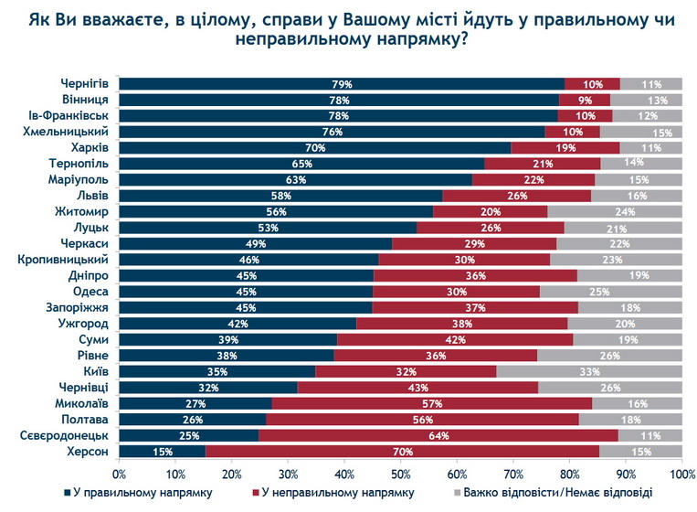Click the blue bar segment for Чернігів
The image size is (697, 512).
pos(342,84)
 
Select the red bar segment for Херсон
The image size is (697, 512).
pos(402,451)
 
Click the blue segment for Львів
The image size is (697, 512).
pos(280,196)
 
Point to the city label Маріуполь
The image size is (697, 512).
pos(81,179)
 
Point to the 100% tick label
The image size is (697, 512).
pos(681,474)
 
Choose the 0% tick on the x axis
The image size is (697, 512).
pos(120,474)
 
